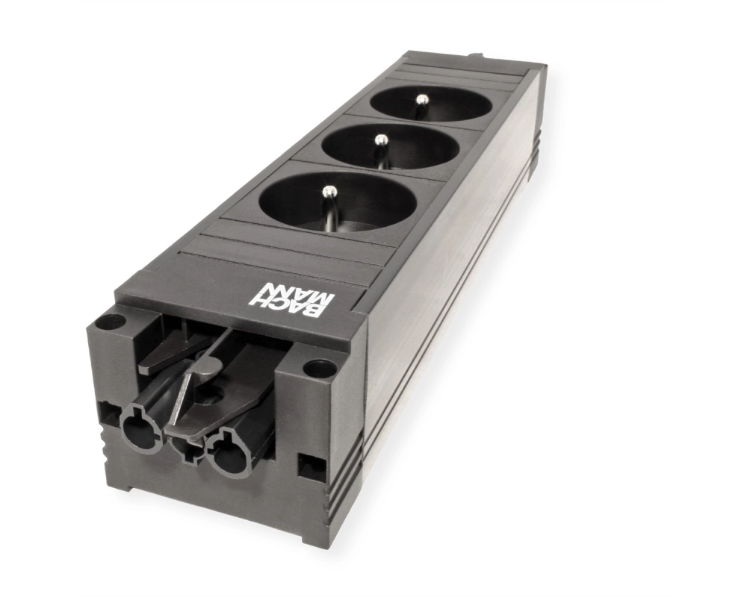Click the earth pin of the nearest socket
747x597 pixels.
tap(328, 204)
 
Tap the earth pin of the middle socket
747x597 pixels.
tap(380, 150)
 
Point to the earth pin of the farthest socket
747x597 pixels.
tap(420, 107)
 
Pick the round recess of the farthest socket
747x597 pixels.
tap(432, 107)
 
